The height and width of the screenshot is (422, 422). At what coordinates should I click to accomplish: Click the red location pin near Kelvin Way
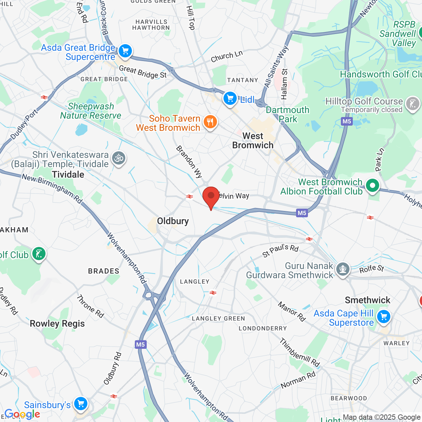(x=211, y=196)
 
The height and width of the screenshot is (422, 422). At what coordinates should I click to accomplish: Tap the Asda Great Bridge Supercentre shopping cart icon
(x=125, y=51)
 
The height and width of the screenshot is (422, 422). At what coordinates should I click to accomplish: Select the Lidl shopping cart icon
(x=230, y=98)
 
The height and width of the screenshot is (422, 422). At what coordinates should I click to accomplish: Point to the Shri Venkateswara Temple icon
(x=119, y=158)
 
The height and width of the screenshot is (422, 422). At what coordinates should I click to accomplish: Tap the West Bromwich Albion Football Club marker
(x=373, y=186)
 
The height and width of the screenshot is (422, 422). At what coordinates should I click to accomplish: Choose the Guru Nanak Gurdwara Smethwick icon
(x=343, y=269)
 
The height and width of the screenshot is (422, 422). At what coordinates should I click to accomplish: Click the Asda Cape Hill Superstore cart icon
(x=383, y=317)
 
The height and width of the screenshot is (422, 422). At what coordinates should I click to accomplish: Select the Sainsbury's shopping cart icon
(x=81, y=403)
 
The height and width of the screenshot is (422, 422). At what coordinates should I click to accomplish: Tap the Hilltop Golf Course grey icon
(x=412, y=104)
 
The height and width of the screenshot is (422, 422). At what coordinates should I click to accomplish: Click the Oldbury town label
(x=173, y=221)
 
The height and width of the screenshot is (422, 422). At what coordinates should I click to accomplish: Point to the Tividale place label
(x=68, y=174)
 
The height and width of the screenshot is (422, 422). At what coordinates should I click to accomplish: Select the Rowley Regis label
(x=57, y=324)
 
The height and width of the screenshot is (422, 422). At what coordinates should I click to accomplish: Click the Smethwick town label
(x=367, y=300)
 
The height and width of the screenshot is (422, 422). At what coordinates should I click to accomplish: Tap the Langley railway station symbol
(x=213, y=292)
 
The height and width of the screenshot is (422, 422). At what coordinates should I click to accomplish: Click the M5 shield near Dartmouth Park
(x=347, y=121)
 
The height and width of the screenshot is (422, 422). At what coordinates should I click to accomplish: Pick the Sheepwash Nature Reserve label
(x=91, y=111)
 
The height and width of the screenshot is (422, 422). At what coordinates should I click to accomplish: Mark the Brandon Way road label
(x=189, y=162)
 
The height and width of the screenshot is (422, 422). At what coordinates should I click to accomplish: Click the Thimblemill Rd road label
(x=300, y=352)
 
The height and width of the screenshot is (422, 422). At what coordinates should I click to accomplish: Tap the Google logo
(x=22, y=414)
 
